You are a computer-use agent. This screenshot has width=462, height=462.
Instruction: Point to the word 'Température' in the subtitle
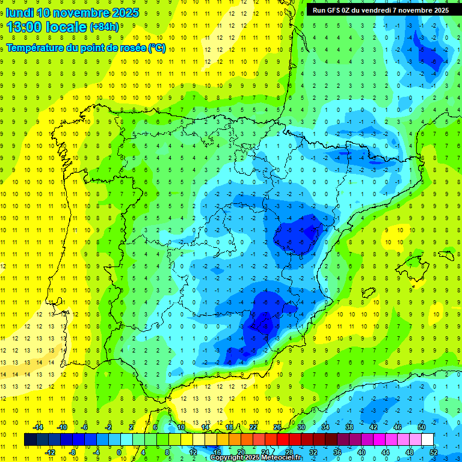[x=37, y=48]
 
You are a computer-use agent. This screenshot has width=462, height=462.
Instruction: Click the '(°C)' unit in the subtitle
[x=157, y=48]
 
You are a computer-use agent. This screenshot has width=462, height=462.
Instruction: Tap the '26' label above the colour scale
[x=277, y=427]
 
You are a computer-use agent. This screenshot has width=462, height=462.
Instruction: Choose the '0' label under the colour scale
[x=119, y=452]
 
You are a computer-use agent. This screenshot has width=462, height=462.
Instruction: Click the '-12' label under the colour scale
[x=50, y=452]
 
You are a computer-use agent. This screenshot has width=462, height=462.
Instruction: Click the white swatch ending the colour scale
[x=428, y=439]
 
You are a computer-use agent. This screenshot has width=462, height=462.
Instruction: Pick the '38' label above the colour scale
[x=349, y=427]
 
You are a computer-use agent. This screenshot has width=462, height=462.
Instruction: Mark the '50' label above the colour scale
[x=422, y=427]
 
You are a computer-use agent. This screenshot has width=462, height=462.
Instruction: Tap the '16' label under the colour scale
[x=217, y=452]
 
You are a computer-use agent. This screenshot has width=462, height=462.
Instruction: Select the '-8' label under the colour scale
[x=73, y=452]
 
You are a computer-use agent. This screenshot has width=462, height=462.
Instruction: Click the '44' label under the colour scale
[x=386, y=452]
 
